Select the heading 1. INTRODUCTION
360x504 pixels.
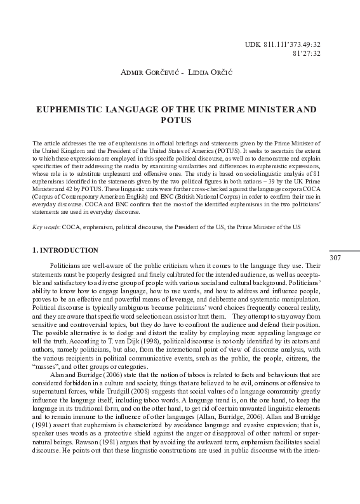point(65,251)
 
